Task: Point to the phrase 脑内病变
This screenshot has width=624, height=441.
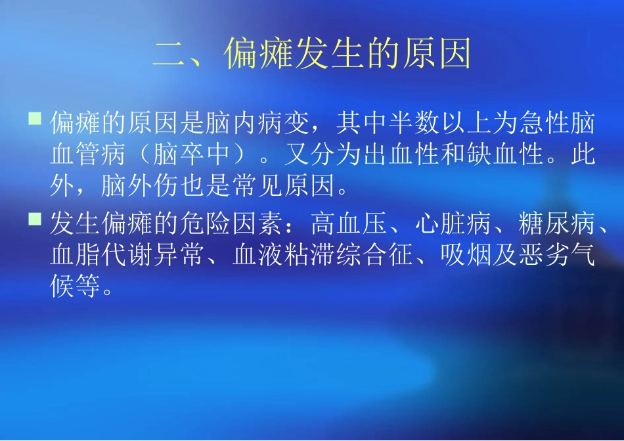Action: (x=257, y=122)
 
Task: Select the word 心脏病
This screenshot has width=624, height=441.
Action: (x=453, y=224)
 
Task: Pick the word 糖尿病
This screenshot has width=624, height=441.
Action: (x=556, y=224)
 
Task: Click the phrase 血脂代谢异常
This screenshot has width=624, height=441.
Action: (x=128, y=256)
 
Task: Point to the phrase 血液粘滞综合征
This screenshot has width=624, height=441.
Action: (x=323, y=256)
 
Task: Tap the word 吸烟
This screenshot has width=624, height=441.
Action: (x=466, y=256)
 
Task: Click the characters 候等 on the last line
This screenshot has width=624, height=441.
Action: (x=76, y=287)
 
